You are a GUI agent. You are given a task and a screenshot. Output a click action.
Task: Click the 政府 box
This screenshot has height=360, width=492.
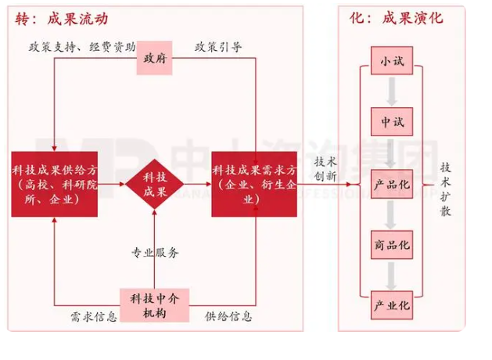point(155,59)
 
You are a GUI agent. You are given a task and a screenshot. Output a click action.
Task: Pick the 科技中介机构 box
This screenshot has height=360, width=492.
point(155,305)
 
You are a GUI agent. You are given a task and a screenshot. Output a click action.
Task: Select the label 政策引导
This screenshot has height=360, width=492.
point(218,46)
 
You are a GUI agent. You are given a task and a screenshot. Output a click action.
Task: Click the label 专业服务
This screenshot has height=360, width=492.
point(155,253)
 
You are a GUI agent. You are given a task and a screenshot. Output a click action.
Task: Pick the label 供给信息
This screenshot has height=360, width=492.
point(228,317)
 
